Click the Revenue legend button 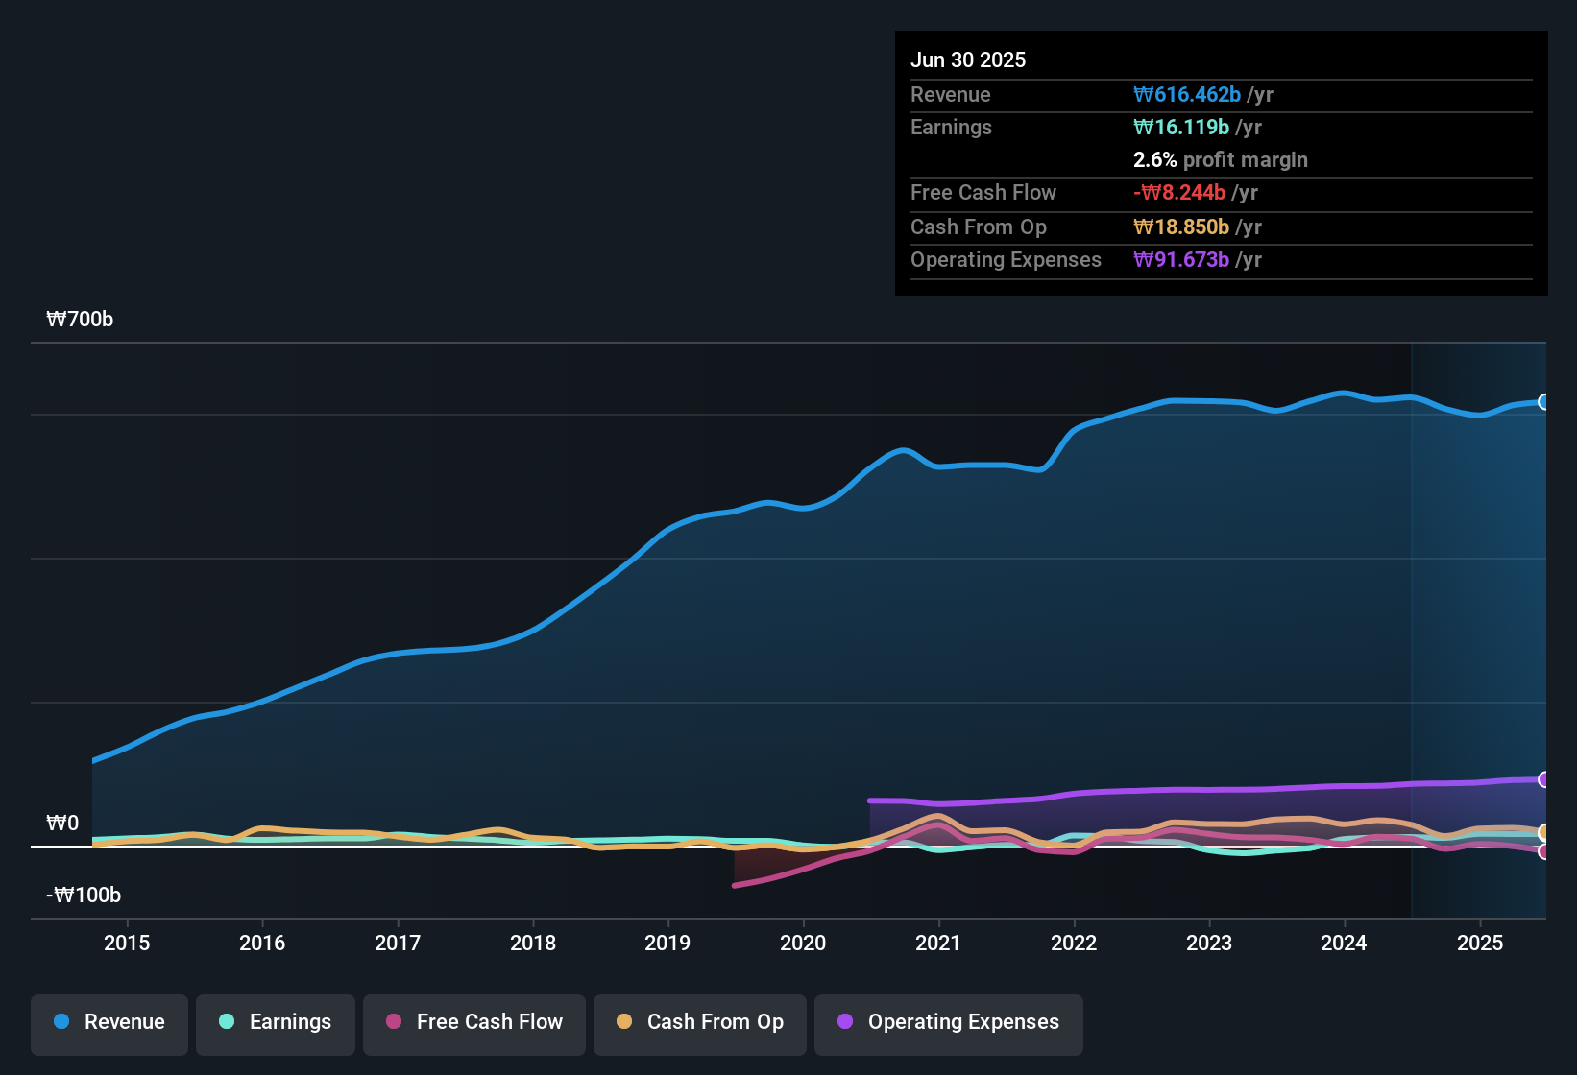109,1022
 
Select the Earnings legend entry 276,1022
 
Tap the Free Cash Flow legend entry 474,1022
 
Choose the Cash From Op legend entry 700,1022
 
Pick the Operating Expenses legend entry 949,1022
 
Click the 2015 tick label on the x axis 127,944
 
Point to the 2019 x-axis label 667,944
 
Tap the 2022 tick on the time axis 1074,944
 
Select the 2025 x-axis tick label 1480,944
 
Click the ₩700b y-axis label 80,320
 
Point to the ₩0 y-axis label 62,824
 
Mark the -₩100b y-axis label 84,896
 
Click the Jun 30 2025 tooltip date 968,60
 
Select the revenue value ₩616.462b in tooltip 1187,95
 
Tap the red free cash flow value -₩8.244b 1179,193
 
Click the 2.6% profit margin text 1220,160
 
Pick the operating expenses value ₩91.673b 1181,260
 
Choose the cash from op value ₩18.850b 1181,227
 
